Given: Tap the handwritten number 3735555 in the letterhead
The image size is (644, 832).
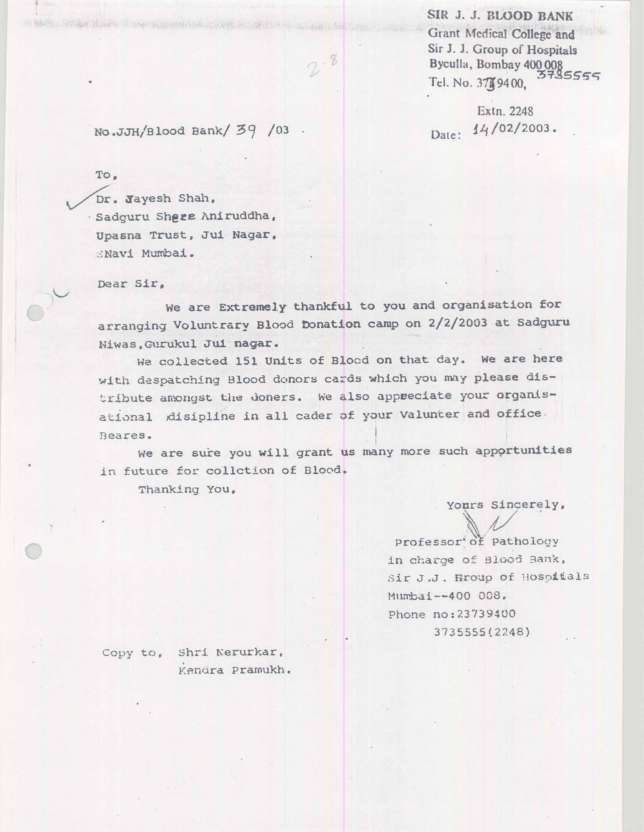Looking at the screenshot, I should (568, 76).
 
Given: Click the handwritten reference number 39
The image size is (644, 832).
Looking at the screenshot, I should (248, 131).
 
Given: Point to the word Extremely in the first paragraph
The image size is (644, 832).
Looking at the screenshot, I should (252, 307).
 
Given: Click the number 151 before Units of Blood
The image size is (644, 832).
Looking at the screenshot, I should (246, 361).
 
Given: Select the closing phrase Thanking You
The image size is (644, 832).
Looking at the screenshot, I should (186, 489).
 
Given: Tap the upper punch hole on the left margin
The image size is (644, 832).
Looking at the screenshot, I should (36, 313).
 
